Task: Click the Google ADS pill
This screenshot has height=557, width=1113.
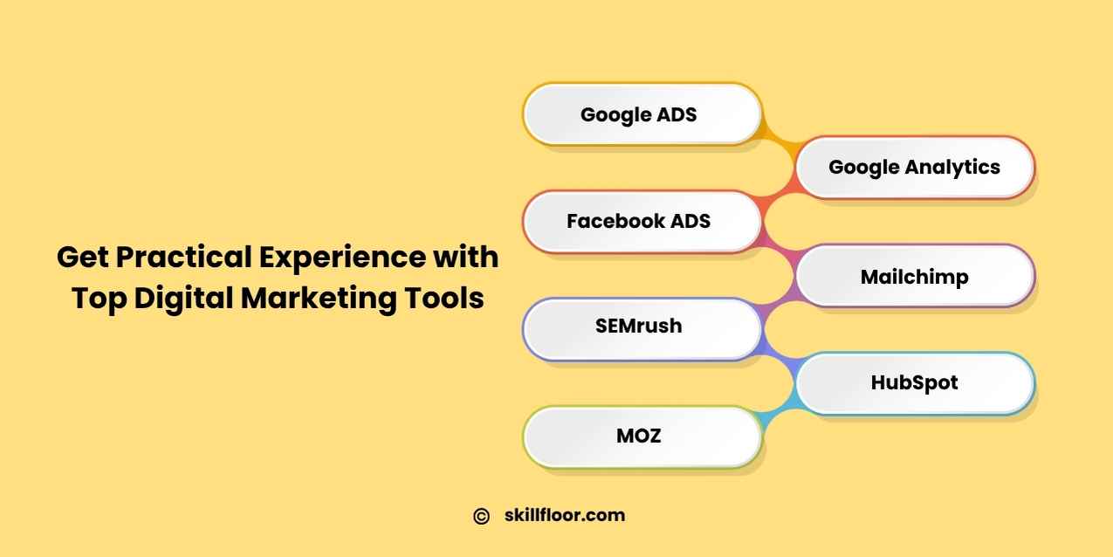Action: coord(642,114)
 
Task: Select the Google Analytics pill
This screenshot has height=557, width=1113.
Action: coord(915,168)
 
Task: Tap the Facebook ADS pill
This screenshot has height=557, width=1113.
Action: coord(642,222)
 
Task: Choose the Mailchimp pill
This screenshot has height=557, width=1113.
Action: coord(915,276)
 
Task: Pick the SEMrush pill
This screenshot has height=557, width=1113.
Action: coord(642,329)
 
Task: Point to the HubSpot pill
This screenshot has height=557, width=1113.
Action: coord(915,383)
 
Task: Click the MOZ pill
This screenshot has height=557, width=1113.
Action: coord(642,437)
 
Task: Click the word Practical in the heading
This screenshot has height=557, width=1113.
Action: coord(184,257)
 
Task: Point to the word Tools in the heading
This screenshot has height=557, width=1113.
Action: coord(443,298)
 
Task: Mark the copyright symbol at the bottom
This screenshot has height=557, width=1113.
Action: coord(481,516)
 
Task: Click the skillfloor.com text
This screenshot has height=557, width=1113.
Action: coord(565,515)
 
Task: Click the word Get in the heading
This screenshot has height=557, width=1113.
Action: coord(82,258)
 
